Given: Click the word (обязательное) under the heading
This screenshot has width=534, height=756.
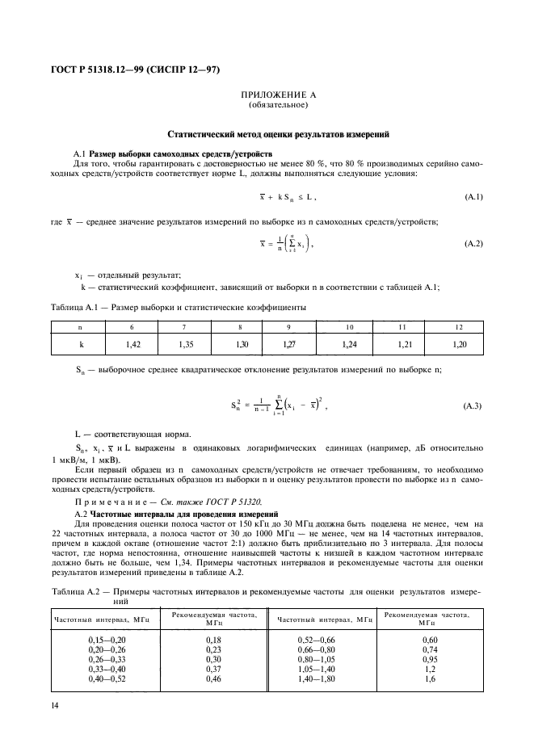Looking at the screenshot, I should pyautogui.click(x=278, y=105).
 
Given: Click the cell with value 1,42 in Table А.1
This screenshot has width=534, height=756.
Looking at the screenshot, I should pyautogui.click(x=133, y=344).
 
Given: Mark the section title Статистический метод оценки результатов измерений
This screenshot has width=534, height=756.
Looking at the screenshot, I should pyautogui.click(x=278, y=135).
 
